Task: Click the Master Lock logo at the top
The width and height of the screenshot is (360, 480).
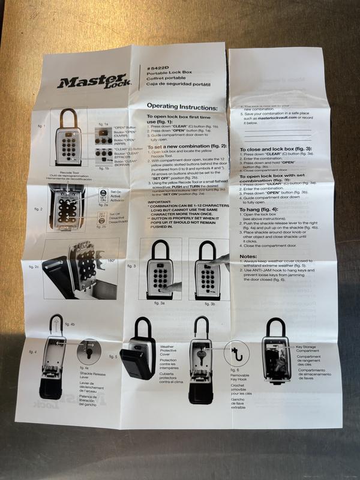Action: point(92,80)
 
